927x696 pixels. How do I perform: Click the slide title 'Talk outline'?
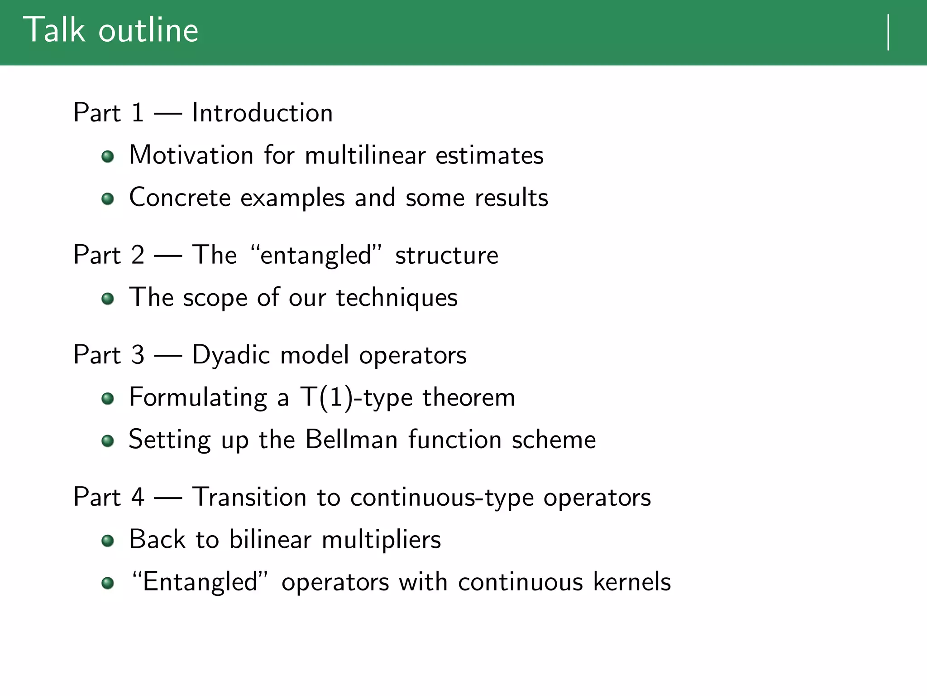click(111, 30)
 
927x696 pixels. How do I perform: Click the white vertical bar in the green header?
click(889, 32)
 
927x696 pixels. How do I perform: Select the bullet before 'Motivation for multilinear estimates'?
click(108, 157)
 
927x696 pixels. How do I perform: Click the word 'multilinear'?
click(365, 155)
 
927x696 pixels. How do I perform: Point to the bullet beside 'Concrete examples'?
click(108, 199)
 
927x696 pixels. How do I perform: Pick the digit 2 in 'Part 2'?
click(138, 255)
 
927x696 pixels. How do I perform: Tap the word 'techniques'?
click(397, 298)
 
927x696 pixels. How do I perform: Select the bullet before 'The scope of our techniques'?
click(108, 299)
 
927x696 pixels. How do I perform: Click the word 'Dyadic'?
click(231, 355)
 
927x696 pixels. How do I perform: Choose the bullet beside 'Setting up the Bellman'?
click(108, 441)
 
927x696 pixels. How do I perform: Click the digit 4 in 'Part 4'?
click(138, 497)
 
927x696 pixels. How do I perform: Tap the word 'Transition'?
click(249, 497)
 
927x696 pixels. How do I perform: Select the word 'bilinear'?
click(270, 539)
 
